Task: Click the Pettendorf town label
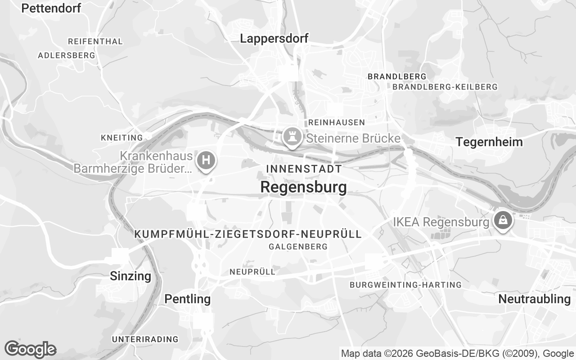(51, 8)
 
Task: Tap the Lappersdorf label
(274, 39)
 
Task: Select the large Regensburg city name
(303, 187)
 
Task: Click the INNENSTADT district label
(304, 169)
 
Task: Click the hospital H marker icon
(207, 160)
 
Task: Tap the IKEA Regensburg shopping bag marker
(501, 220)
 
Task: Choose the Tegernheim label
(489, 142)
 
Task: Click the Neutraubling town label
(534, 299)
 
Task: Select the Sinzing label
(130, 276)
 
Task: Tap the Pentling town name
(187, 299)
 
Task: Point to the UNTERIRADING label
(145, 339)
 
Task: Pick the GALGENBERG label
(298, 247)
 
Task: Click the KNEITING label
(121, 138)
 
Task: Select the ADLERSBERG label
(67, 56)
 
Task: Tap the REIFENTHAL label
(95, 41)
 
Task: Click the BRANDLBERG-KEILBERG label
(445, 87)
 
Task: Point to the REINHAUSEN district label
(337, 122)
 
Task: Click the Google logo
(30, 349)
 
